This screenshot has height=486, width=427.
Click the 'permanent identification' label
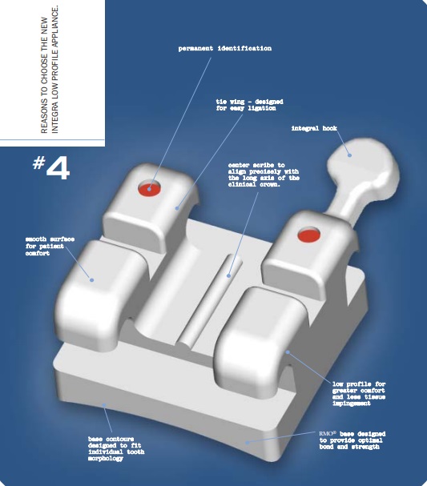point(225,48)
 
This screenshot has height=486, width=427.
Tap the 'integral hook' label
point(314,128)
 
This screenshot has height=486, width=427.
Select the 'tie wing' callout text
point(250,105)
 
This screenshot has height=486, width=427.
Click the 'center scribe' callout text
point(264,175)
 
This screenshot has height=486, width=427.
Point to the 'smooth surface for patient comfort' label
point(50,246)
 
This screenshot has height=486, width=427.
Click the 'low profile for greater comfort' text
point(359,394)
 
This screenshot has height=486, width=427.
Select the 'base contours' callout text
point(116,448)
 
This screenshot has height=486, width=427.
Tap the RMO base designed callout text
point(352,440)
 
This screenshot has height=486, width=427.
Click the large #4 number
point(51,167)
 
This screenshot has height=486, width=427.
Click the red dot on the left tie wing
point(150,188)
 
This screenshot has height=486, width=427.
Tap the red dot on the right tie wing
point(308,235)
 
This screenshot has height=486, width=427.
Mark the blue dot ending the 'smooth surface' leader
point(92,280)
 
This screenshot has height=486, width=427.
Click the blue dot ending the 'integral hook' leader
point(349,155)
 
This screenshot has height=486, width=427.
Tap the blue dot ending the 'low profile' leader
point(288,352)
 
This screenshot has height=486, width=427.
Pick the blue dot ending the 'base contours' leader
point(104,405)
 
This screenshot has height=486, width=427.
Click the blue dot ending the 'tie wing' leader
point(177,208)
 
